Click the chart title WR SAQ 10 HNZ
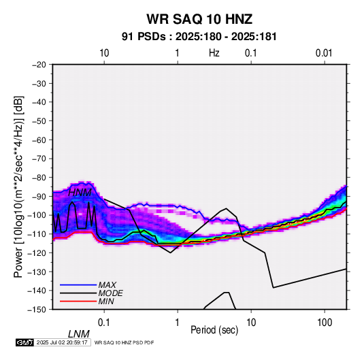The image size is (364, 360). tap(199, 19)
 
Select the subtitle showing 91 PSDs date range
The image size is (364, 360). tap(199, 37)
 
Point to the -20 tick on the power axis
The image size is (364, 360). tap(39, 65)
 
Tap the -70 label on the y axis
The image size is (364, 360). tap(39, 159)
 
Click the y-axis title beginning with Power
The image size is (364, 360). tap(18, 186)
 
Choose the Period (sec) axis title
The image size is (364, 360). tap(214, 330)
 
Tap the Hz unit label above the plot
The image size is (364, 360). tap(214, 53)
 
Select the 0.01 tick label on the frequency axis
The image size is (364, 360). tap(324, 53)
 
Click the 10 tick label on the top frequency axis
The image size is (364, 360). tap(104, 53)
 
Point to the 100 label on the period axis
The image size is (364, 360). tap(325, 323)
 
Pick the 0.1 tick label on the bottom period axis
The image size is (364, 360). tap(104, 323)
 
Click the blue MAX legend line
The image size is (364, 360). tap(78, 285)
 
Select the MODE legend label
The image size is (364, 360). tap(110, 293)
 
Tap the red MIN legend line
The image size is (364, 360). tap(78, 301)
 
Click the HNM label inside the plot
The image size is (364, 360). tap(80, 193)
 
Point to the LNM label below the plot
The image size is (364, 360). tap(79, 334)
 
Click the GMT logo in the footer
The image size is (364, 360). tap(24, 342)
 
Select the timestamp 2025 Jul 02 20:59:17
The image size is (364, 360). tap(62, 342)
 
